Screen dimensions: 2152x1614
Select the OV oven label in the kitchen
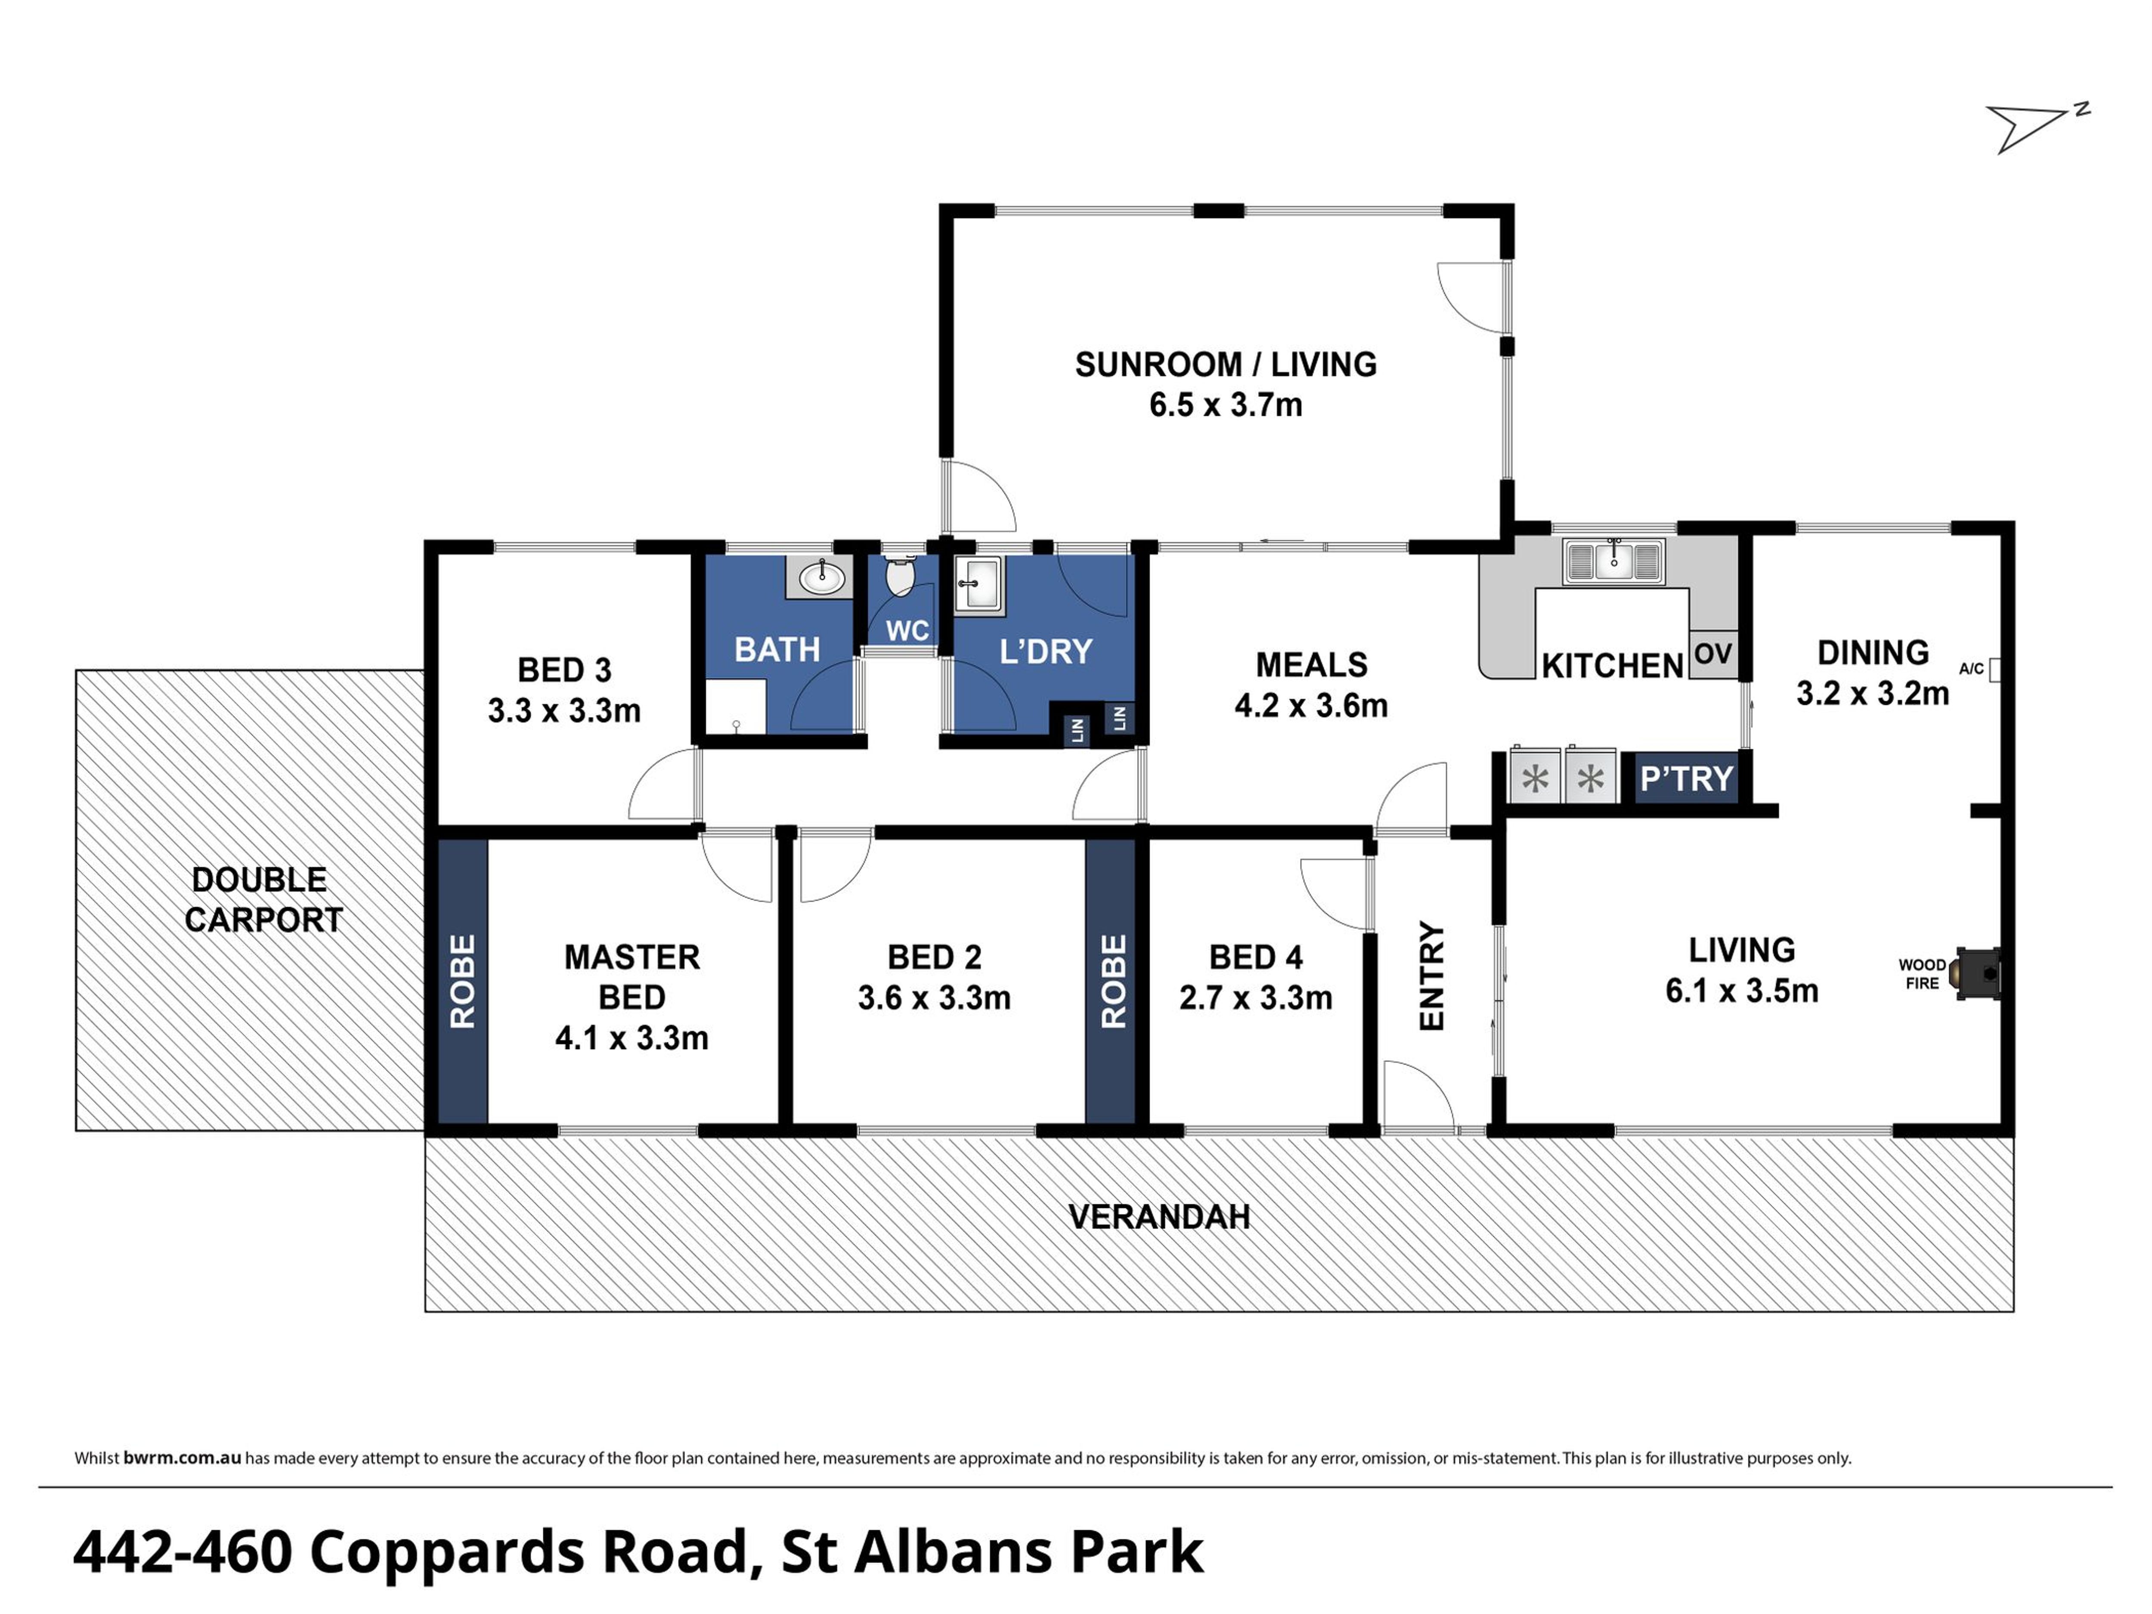(1713, 654)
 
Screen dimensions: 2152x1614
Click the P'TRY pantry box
(1686, 778)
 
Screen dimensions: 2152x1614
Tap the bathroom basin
(820, 578)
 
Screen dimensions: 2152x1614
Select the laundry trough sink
(979, 586)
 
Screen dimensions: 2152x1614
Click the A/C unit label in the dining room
(1971, 669)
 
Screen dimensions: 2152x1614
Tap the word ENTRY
(1432, 976)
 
